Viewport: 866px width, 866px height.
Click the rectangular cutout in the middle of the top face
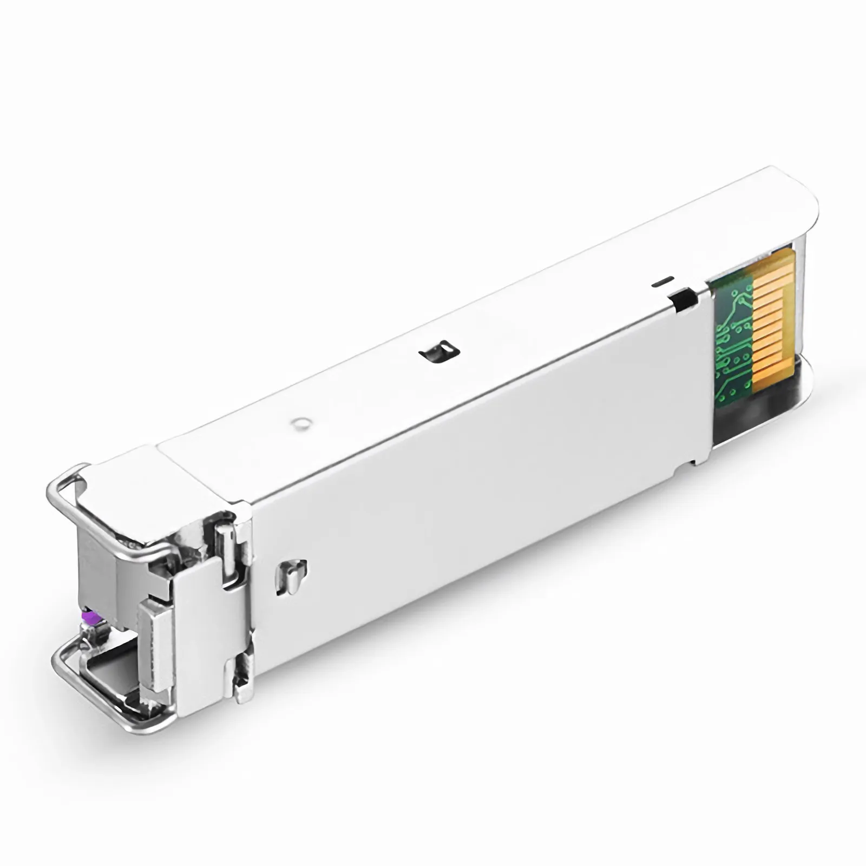coord(439,352)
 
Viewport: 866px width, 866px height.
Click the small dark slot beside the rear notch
coord(662,281)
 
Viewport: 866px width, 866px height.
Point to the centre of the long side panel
coord(476,471)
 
